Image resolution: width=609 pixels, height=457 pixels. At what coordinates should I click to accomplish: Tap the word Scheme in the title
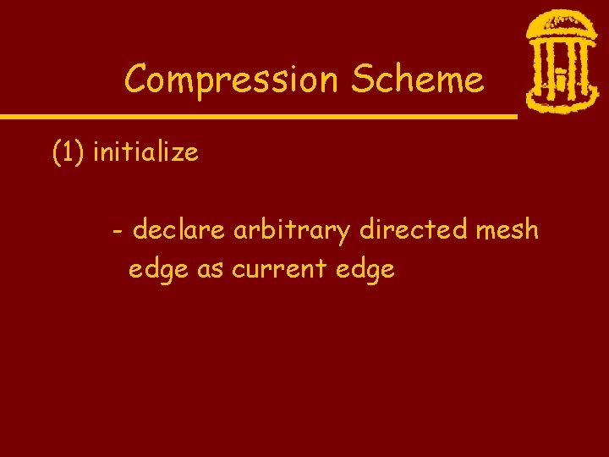(x=418, y=80)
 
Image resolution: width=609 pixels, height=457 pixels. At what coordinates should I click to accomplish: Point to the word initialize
(x=145, y=153)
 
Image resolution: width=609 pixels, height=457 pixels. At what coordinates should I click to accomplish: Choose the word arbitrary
(x=293, y=230)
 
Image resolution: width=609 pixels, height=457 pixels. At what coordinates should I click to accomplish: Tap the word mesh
(x=507, y=229)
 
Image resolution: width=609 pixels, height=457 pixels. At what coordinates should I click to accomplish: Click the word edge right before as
(x=159, y=270)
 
